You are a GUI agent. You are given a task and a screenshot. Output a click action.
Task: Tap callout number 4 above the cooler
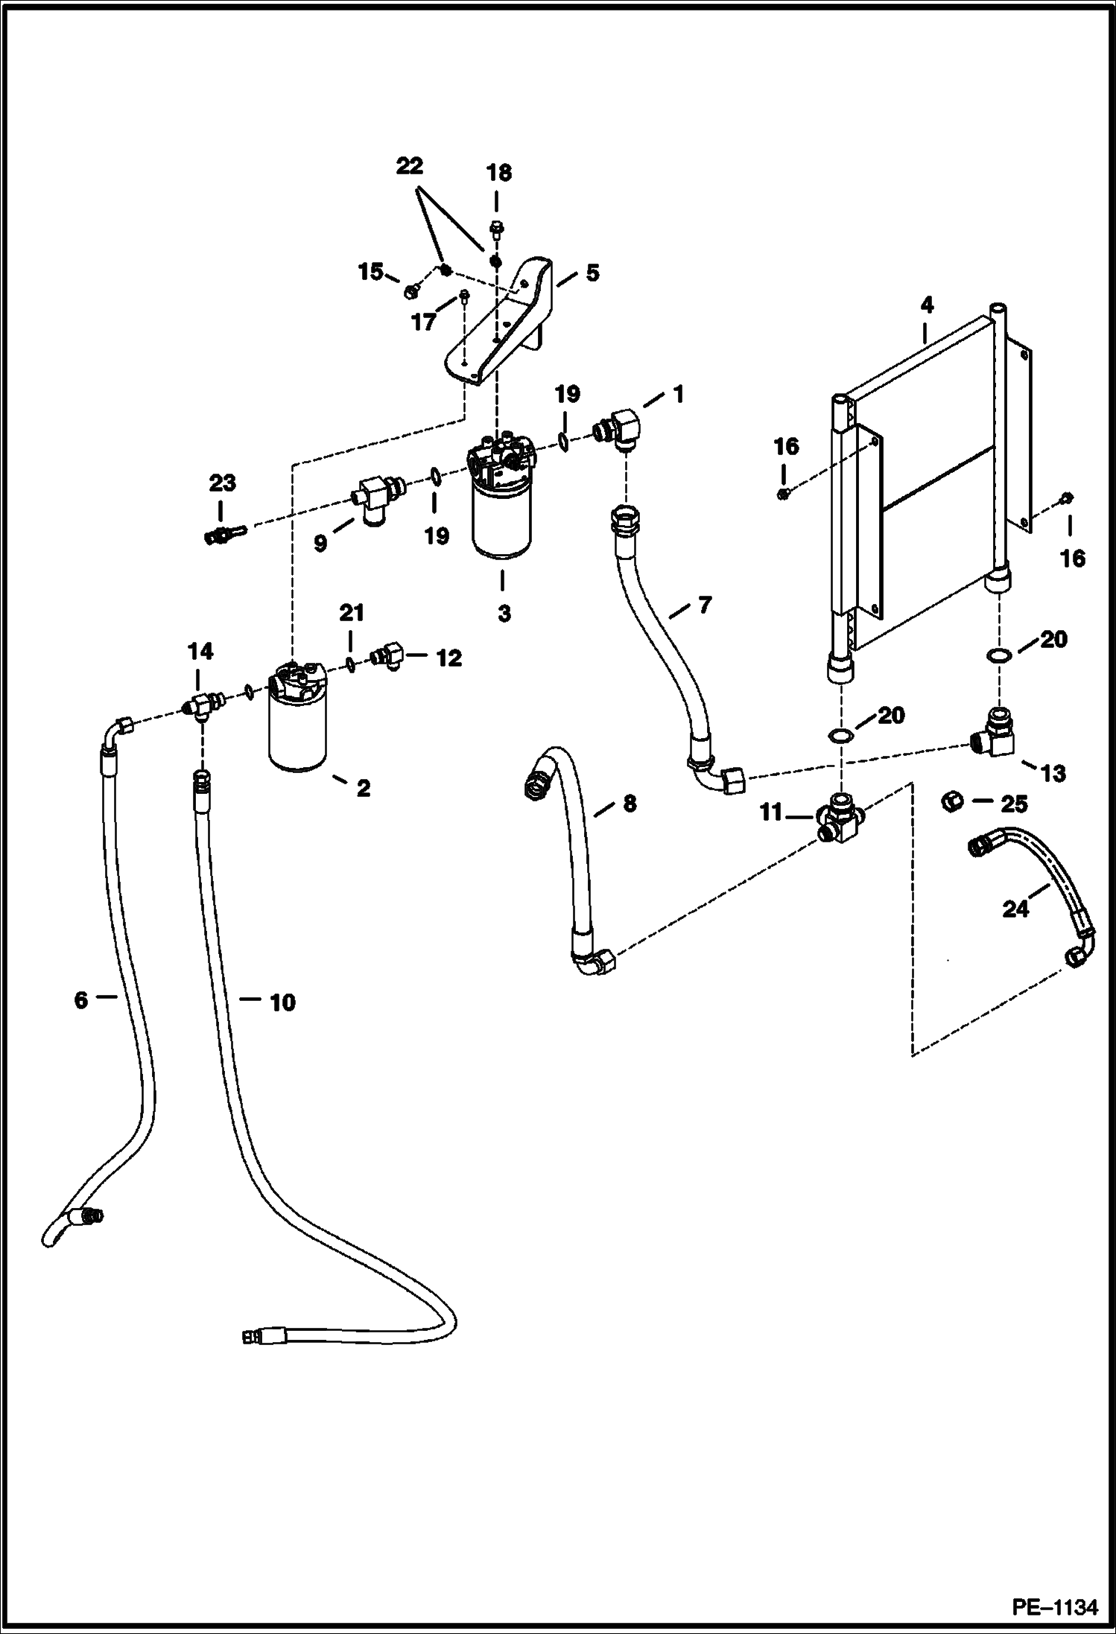(926, 305)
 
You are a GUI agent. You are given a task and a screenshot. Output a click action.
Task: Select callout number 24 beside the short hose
(1015, 909)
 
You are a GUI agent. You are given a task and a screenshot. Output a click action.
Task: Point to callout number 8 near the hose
(630, 804)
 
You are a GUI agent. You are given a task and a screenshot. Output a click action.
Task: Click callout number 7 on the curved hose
(704, 605)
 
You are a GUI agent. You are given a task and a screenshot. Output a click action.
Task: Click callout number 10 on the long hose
(282, 1002)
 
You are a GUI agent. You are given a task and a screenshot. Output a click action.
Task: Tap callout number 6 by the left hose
(80, 999)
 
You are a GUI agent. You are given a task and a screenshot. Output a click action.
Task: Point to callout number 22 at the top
(409, 165)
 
